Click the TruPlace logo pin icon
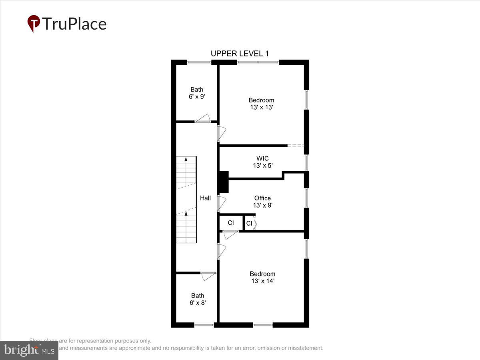[x=34, y=23]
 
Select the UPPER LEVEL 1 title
[x=240, y=54]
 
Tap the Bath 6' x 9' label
[x=197, y=93]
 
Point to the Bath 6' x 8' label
[x=198, y=300]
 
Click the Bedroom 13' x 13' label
[x=261, y=104]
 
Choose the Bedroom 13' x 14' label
[x=262, y=277]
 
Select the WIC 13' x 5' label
[x=262, y=162]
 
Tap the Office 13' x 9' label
[x=262, y=201]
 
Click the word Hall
[x=205, y=198]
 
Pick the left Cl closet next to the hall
[x=231, y=223]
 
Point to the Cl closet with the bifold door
[x=250, y=223]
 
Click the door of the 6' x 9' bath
[x=203, y=118]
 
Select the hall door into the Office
[x=222, y=203]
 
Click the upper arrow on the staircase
[x=186, y=160]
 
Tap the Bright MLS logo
[x=29, y=350]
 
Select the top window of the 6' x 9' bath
[x=199, y=62]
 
